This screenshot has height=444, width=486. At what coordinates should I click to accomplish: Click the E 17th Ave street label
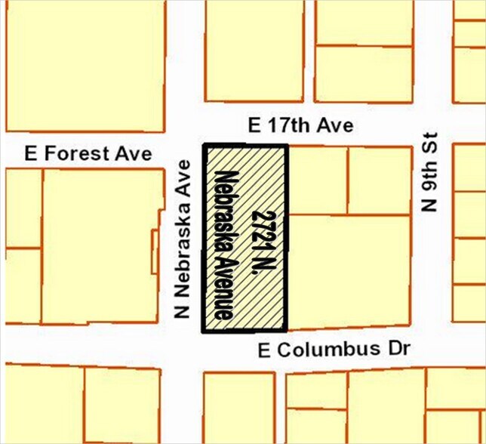tap(300, 125)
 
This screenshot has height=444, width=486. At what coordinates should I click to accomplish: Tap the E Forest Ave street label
tap(88, 153)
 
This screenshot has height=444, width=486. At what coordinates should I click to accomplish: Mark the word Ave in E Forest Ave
tap(136, 153)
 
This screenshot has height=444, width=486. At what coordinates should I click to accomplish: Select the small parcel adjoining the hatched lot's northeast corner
tap(317, 180)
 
